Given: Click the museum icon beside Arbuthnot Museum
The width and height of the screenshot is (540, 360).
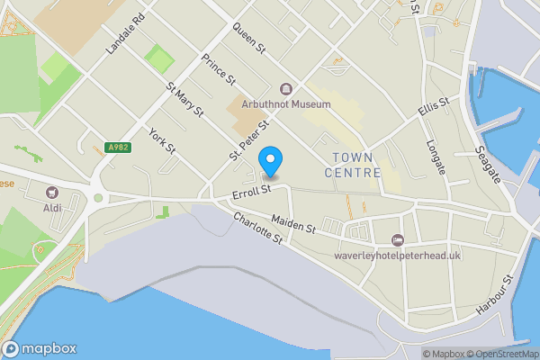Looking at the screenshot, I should pos(286,88).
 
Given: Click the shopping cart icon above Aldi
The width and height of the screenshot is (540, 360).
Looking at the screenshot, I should pos(52,192).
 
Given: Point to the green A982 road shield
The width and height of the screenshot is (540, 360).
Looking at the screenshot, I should pos(119,148).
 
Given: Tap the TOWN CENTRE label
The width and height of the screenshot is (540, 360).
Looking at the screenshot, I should pos(352,165).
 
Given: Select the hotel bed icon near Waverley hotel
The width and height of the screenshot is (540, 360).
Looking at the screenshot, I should pos(398,238).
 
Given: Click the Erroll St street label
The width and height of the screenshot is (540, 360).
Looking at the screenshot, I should pos(251,191).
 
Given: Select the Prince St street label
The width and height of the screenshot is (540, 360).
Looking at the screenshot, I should pos(218,68).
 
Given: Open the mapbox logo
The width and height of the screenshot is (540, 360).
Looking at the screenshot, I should pos(40,348).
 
